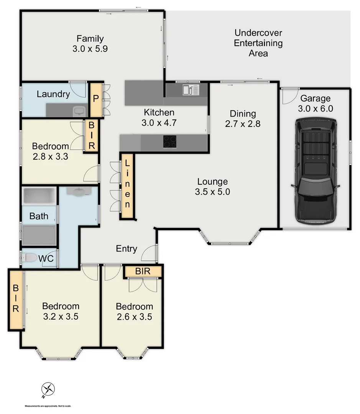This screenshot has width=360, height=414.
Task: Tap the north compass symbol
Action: (x=48, y=389)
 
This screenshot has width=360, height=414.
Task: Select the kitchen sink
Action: (x=191, y=90)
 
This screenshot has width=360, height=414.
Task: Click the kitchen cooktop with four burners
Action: (x=170, y=142)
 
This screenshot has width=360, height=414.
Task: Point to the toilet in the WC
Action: (x=31, y=258)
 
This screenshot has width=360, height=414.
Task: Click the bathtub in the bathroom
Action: (x=39, y=196)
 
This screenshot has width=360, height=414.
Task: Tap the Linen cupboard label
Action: (x=127, y=186)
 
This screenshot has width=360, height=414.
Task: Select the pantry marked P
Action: (x=96, y=99)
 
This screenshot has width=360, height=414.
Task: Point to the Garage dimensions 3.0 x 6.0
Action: (x=315, y=108)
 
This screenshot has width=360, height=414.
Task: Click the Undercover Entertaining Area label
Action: (x=258, y=43)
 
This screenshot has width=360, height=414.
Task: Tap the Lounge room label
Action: (x=212, y=182)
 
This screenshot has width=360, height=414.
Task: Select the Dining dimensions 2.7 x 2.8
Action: (x=242, y=124)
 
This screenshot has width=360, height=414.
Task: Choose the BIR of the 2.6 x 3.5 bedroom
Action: (x=143, y=272)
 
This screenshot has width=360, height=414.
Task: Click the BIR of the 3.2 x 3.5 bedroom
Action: (x=16, y=299)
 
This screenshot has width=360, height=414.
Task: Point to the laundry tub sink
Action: (x=79, y=111)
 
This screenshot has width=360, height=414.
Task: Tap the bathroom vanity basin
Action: (x=79, y=192)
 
